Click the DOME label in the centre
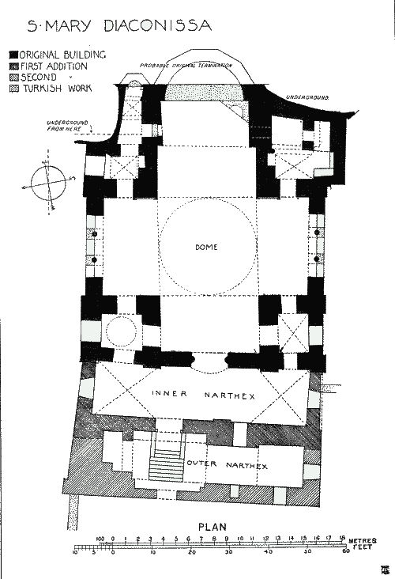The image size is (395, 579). [207, 247]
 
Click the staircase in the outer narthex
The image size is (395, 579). [166, 465]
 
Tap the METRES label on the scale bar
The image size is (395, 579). [364, 539]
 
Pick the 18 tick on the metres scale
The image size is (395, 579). [343, 538]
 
